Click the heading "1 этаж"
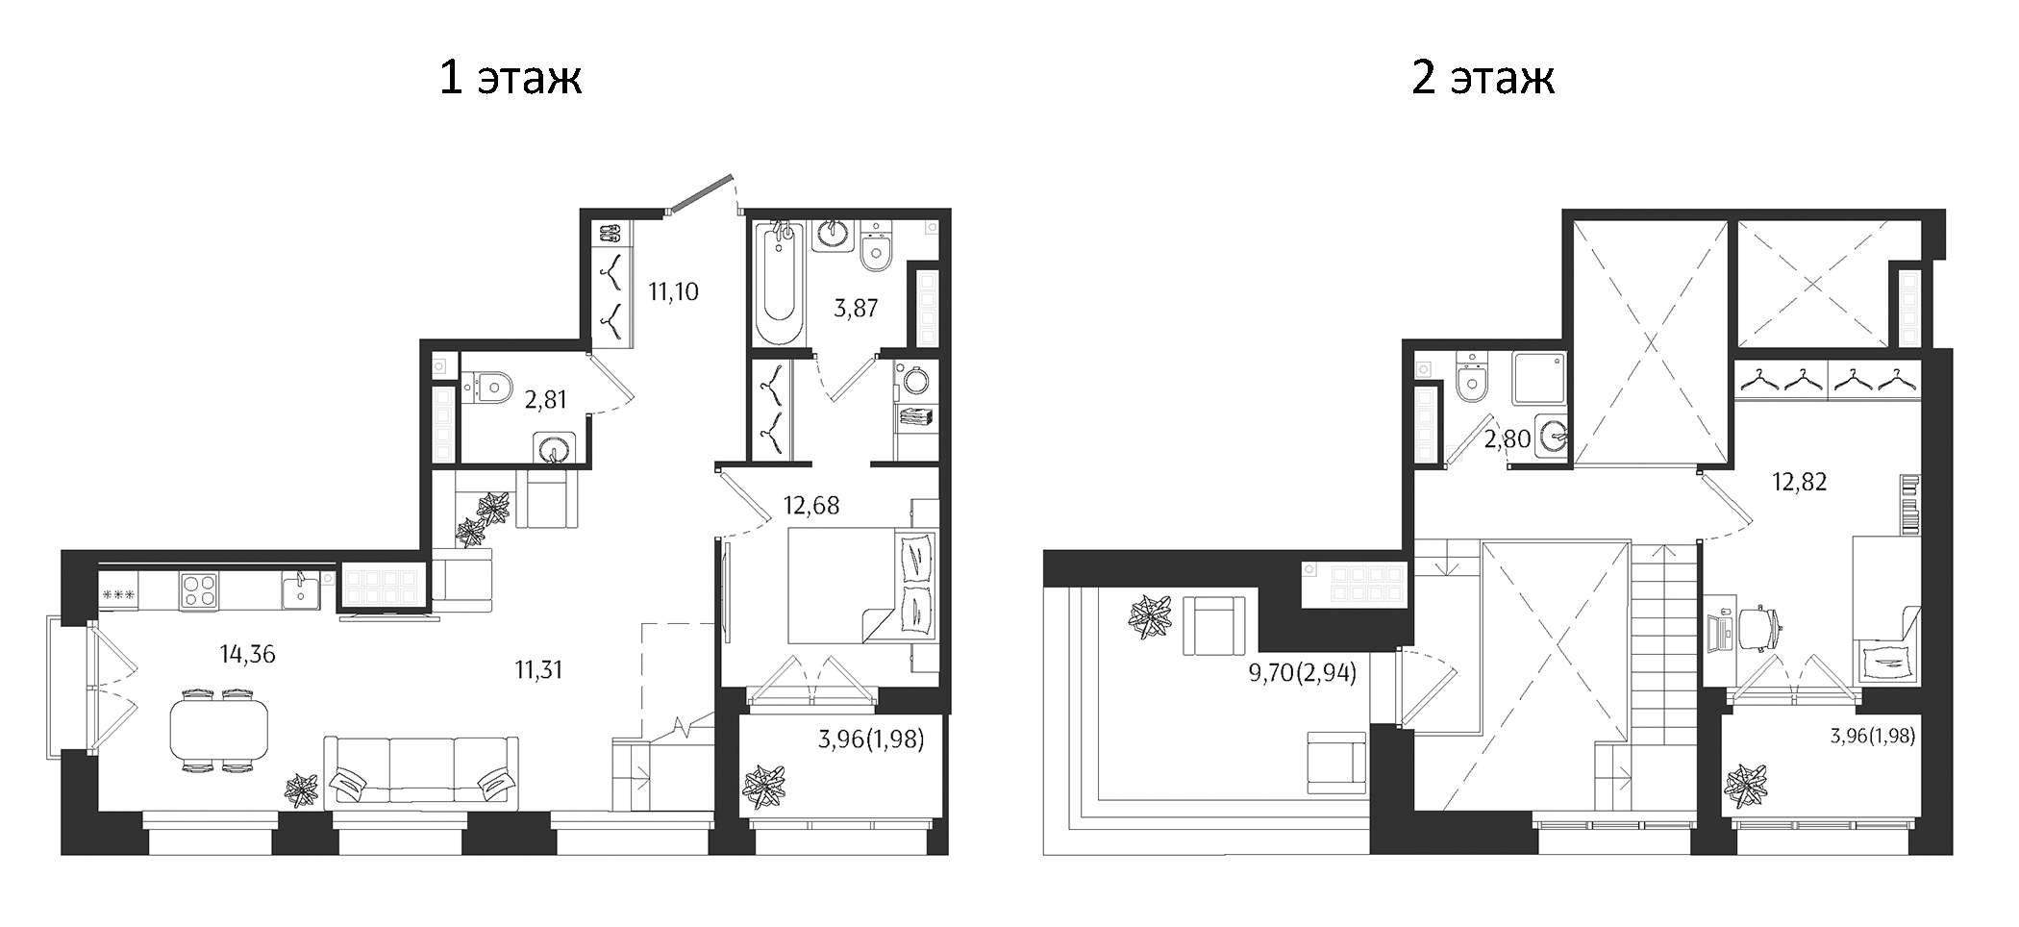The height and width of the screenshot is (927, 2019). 510,78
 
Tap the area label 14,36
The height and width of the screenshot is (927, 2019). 247,655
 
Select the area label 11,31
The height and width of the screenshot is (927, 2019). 538,670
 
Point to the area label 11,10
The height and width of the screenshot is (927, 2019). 673,291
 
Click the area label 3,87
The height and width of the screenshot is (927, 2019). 856,309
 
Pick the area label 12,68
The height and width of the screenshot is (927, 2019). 810,506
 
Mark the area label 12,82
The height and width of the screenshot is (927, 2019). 1799,482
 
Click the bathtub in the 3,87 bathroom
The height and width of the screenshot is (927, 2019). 778,283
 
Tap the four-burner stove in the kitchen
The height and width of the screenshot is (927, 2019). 199,589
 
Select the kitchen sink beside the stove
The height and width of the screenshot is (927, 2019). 301,589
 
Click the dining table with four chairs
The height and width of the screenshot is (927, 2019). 219,730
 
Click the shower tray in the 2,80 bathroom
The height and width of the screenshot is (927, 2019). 1537,378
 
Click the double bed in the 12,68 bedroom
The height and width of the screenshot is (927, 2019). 860,586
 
